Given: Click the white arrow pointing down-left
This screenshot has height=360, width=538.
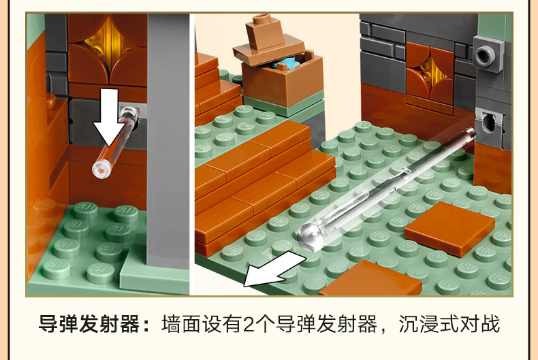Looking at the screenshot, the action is click(274, 269).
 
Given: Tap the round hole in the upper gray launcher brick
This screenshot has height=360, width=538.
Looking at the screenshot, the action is click(484, 55).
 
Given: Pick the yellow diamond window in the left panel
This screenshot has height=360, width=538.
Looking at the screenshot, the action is click(108, 43).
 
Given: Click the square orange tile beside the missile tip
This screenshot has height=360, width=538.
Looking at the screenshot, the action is click(449, 229).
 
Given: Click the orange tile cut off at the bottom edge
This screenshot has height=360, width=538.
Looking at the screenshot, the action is click(370, 280).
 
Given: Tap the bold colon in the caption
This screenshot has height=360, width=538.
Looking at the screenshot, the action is click(146, 325).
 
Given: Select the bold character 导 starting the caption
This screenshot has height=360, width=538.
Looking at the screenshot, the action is click(48, 324).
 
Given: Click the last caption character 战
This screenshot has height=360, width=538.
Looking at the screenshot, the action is click(490, 324).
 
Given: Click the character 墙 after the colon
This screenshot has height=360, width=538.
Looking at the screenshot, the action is click(172, 324).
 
